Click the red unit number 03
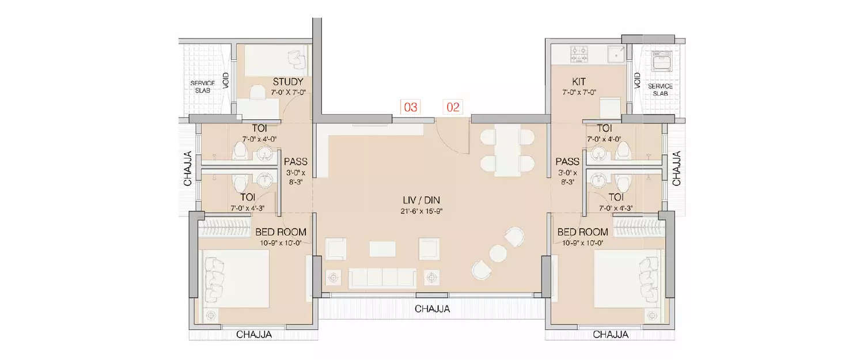410,107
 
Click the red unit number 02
453,107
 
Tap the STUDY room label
288,82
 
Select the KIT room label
579,82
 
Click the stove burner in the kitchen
578,55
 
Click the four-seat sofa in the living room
382,278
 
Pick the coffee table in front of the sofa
382,248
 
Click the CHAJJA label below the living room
433,309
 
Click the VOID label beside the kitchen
637,81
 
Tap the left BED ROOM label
281,232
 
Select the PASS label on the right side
567,161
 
